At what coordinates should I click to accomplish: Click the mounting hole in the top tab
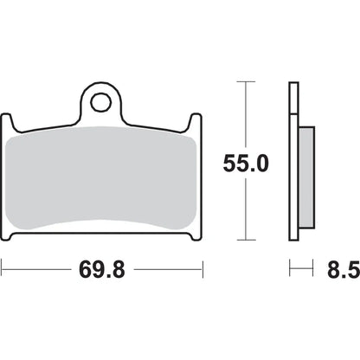pos(100,102)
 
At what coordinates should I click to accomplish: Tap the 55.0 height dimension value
pos(246,164)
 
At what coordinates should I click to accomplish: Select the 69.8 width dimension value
pos(102,270)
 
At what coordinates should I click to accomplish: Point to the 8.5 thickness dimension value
pos(344,270)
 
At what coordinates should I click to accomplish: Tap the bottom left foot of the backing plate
pos(7,236)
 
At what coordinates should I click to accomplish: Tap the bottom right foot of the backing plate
pos(196,236)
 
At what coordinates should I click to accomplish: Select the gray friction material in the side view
pos(306,177)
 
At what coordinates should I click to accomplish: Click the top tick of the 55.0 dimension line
pos(246,81)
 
